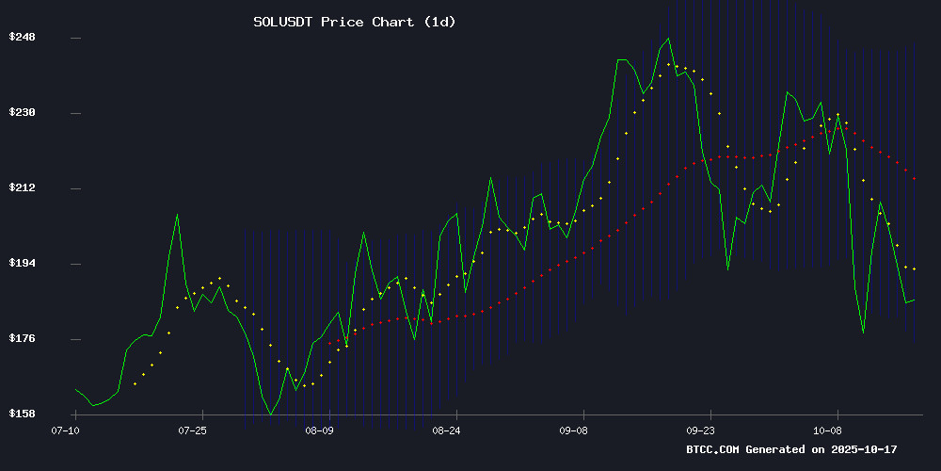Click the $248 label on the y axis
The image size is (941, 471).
click(23, 38)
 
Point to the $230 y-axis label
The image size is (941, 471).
click(23, 113)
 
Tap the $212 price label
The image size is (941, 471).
click(23, 188)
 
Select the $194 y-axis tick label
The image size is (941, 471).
click(23, 264)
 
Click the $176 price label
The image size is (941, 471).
click(23, 339)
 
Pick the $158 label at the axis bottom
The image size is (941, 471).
click(23, 414)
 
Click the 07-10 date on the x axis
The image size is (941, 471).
click(66, 430)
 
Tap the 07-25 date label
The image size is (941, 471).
click(193, 430)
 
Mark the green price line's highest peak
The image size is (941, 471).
click(668, 39)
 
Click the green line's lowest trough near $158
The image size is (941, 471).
click(270, 414)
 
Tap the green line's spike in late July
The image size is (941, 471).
click(177, 215)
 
